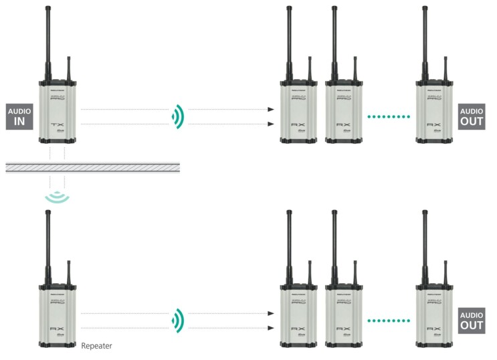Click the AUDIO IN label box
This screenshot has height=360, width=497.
coord(19,116)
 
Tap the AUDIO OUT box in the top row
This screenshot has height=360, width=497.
coord(472,117)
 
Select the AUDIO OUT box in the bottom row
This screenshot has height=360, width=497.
coord(472,321)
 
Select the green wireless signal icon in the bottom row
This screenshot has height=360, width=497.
coord(177,320)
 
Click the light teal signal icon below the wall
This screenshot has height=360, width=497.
coord(56,196)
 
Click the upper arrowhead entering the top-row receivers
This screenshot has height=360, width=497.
coord(270,109)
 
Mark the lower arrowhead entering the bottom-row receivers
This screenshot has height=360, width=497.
coord(270,328)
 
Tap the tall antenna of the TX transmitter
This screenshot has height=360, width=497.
coord(49,40)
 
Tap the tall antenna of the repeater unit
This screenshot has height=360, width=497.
coord(49,244)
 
